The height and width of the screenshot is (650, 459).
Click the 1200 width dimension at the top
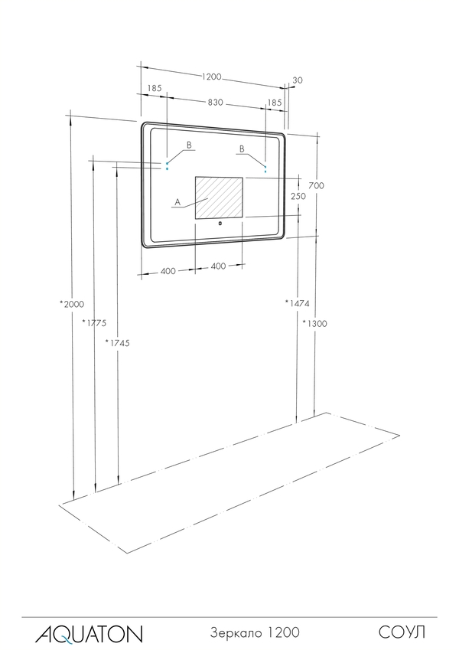click(x=212, y=77)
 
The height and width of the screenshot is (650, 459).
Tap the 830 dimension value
click(x=216, y=102)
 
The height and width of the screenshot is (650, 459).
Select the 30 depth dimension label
click(x=298, y=80)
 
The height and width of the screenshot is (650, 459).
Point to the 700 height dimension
click(x=316, y=185)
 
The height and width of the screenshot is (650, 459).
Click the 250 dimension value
click(x=298, y=196)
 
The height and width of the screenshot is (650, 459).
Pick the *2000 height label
click(x=72, y=304)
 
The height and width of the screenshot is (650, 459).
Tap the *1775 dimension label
click(x=94, y=322)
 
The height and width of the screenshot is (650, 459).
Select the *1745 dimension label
click(x=117, y=342)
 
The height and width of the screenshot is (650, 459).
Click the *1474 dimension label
click(x=297, y=303)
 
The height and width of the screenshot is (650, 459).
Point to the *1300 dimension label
click(x=314, y=323)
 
